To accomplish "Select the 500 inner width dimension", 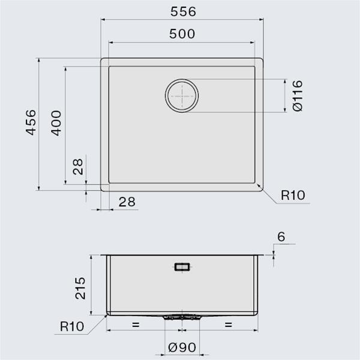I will click(182, 34).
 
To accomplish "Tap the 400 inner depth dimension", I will click(55, 123).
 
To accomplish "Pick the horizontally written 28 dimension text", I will click(126, 202).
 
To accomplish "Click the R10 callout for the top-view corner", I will click(293, 196).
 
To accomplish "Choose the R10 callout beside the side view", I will click(73, 328).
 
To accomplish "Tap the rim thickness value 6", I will click(281, 237).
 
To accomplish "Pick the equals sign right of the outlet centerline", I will click(228, 325).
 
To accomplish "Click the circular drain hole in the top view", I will click(182, 95).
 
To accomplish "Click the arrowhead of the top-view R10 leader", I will click(259, 187).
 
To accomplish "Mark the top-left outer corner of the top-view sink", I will click(101, 59).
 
